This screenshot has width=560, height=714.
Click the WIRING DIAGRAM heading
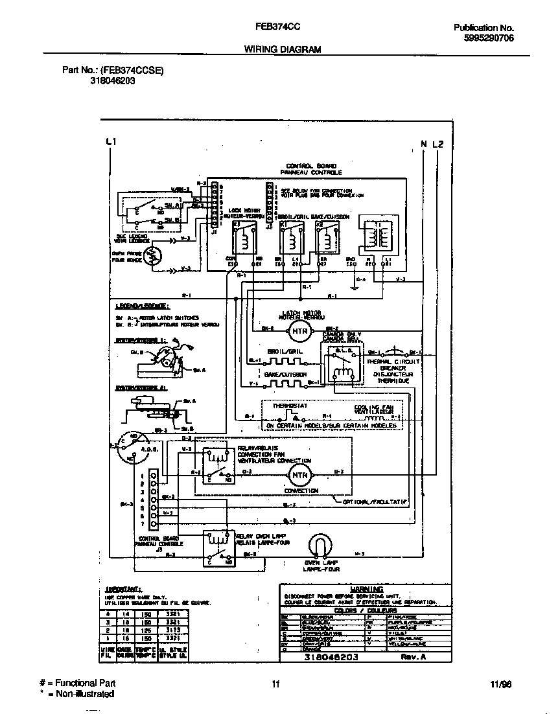click(x=282, y=49)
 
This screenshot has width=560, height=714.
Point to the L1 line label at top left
click(x=110, y=143)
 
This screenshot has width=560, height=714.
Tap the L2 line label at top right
click(x=438, y=144)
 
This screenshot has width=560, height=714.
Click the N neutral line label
click(x=424, y=144)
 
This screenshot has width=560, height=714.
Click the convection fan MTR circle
click(x=299, y=475)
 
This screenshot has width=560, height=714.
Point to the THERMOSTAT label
click(x=290, y=406)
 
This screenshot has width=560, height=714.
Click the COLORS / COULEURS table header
click(x=359, y=610)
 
